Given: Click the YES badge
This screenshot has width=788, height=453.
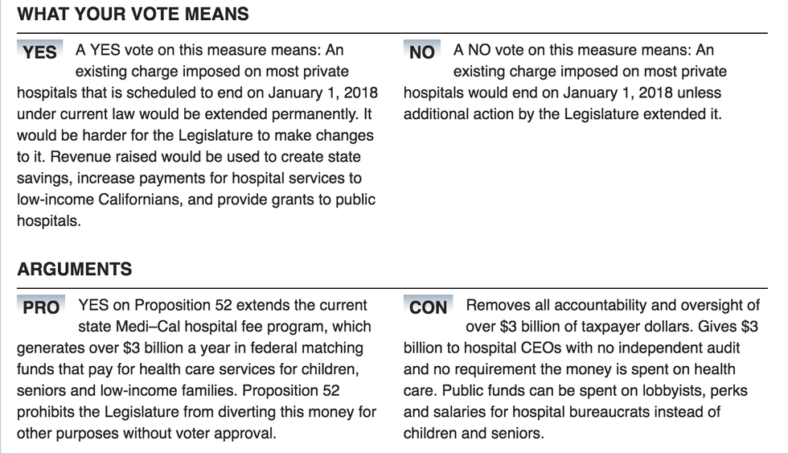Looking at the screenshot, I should [39, 52].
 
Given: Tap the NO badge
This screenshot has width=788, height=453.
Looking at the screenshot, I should [421, 52].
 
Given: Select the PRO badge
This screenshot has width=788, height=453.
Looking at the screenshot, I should [40, 307].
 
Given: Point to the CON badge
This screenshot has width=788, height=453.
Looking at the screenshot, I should [428, 307].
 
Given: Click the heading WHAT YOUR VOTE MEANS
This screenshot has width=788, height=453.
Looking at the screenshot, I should [133, 14].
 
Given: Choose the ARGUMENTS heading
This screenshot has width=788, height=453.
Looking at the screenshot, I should [75, 269].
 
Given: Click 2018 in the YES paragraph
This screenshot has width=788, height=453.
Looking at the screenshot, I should [361, 93].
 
